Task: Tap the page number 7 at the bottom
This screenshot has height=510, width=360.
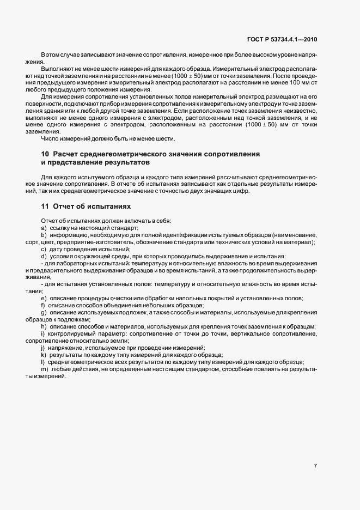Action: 316,466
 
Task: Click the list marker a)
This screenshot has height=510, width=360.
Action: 44,227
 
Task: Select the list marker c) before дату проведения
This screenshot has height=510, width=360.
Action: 44,248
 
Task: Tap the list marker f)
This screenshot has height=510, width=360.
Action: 43,305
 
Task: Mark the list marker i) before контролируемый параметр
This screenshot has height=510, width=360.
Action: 42,333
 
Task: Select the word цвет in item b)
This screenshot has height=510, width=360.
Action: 46,241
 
